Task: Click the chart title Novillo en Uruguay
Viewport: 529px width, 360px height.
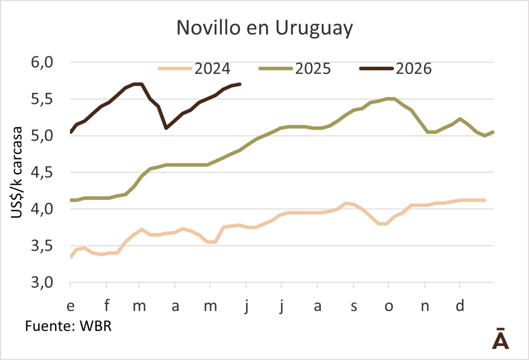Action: (264, 28)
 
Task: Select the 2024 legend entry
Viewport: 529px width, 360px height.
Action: (194, 68)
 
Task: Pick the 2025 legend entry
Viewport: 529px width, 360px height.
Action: (295, 68)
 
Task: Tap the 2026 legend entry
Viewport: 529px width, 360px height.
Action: (395, 68)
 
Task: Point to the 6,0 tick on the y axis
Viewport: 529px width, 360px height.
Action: (42, 63)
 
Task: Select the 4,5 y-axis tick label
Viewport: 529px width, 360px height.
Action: (42, 173)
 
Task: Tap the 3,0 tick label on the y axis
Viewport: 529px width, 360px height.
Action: (42, 283)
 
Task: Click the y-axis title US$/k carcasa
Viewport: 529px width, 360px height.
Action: (16, 173)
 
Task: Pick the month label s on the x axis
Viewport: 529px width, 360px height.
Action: (353, 306)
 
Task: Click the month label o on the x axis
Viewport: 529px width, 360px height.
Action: (389, 306)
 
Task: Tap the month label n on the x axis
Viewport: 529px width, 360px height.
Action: (425, 306)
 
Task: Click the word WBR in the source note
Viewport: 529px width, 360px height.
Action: (95, 326)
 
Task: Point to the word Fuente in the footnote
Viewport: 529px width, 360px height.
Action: (50, 326)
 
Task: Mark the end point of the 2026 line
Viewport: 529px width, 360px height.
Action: (240, 84)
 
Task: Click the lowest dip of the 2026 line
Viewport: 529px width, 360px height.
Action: (166, 128)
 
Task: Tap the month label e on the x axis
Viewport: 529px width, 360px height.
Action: (71, 306)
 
